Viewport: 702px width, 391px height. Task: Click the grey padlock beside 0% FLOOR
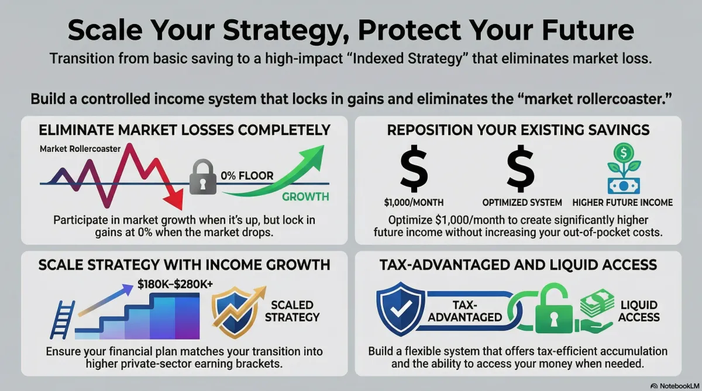pos(203,177)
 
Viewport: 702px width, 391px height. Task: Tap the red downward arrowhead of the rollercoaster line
pos(174,200)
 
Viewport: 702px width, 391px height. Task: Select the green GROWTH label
pos(305,196)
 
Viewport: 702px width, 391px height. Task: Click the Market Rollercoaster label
pos(80,148)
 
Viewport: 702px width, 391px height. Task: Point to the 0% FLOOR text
pos(247,175)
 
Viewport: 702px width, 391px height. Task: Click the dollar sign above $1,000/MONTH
pos(414,168)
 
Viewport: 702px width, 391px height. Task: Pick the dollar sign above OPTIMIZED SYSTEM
pos(520,168)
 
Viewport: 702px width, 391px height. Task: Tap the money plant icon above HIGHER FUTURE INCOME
pos(624,168)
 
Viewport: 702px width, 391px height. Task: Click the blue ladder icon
pos(63,320)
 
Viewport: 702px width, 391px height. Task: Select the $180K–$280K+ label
pos(175,284)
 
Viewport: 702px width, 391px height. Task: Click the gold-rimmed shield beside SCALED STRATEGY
pos(236,312)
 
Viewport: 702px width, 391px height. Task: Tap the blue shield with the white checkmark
pos(400,309)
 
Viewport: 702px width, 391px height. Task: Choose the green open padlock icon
pos(554,310)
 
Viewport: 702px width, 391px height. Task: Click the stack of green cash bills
pos(597,303)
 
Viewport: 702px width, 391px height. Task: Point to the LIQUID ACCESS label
pos(639,311)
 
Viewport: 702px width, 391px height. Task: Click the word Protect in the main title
pos(409,30)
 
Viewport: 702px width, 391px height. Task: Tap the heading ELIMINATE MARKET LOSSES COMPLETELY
pos(185,130)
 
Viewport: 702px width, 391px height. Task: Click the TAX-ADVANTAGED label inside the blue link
pos(464,311)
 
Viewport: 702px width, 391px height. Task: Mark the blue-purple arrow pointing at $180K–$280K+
pos(106,300)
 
